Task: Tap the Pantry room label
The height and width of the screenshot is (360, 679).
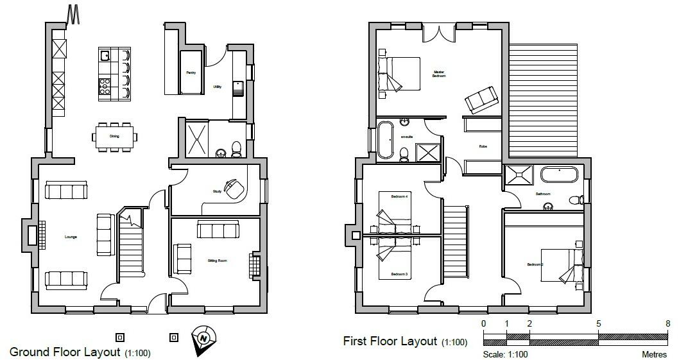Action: tap(191, 73)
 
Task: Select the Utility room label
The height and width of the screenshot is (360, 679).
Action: tap(217, 87)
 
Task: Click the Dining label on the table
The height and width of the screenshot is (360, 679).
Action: tap(114, 136)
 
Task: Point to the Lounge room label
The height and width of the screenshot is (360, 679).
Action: tap(71, 237)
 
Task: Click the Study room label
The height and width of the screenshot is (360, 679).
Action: tap(217, 191)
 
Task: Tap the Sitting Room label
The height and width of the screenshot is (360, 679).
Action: tap(218, 261)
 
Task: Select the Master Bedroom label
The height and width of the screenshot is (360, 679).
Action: tap(439, 74)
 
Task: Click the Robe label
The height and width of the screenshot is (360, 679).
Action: tap(483, 146)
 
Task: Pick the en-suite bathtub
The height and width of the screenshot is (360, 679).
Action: tap(385, 139)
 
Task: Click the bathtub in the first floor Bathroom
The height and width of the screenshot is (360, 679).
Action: tap(560, 175)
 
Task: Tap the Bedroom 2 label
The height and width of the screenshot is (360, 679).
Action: tap(535, 264)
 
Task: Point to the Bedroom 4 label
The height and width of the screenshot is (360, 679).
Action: tap(400, 196)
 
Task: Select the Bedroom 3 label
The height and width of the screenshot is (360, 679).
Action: tap(400, 274)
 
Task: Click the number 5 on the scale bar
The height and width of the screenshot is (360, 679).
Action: tap(598, 323)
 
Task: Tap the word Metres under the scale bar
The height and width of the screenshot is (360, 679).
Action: tap(655, 354)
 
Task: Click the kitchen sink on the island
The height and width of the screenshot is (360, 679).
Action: tap(105, 55)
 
